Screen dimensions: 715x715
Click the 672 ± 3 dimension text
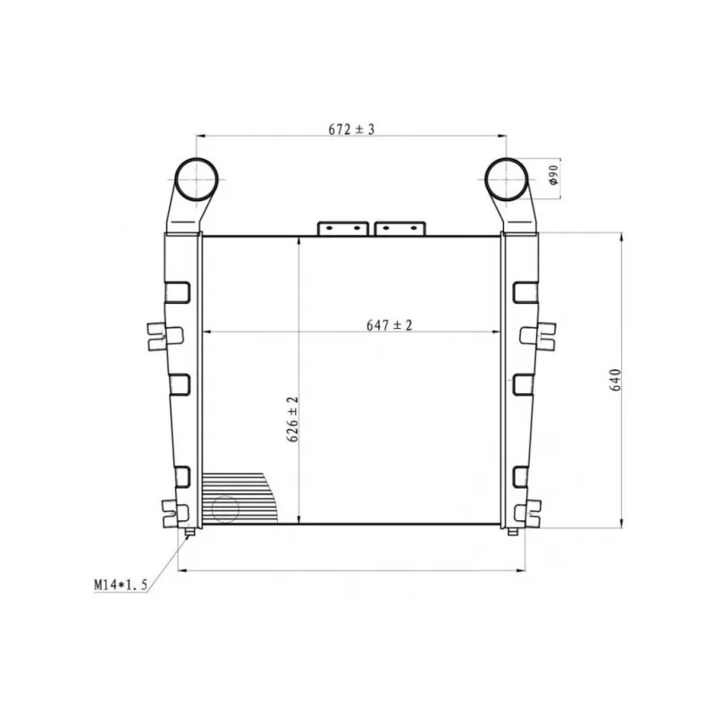pyautogui.click(x=351, y=130)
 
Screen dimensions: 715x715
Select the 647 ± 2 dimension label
pyautogui.click(x=389, y=325)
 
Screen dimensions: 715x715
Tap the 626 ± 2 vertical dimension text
pyautogui.click(x=292, y=419)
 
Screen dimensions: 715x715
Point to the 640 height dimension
pyautogui.click(x=615, y=380)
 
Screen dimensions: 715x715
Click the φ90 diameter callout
pyautogui.click(x=553, y=174)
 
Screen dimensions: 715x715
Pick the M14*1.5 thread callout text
pyautogui.click(x=121, y=585)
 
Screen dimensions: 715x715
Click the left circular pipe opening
pyautogui.click(x=197, y=180)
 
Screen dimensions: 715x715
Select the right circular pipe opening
pyautogui.click(x=506, y=180)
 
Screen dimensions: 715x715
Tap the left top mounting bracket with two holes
pyautogui.click(x=343, y=229)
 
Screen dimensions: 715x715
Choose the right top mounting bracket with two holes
pyautogui.click(x=400, y=229)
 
